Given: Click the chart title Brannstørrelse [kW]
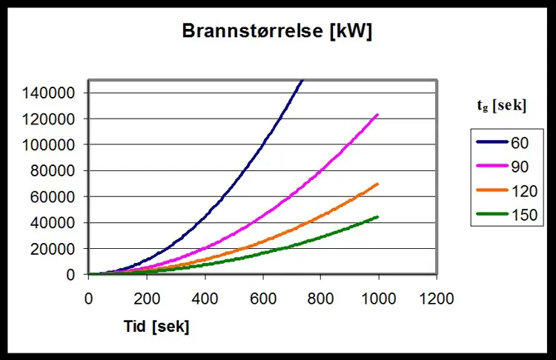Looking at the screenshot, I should tap(277, 32).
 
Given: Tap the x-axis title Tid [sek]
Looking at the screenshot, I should tap(156, 327).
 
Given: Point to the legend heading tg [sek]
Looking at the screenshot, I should tap(501, 106).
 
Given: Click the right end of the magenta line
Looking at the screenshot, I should tap(378, 114).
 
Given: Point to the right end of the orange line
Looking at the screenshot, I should tap(378, 184).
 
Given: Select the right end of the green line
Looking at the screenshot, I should tap(378, 216).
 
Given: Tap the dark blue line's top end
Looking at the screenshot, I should tap(302, 80).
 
